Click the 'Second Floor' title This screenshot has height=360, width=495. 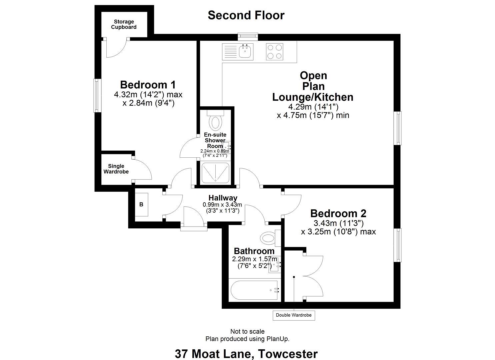tap(246, 15)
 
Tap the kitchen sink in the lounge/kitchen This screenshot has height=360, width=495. tap(246, 52)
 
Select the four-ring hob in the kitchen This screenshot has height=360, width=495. tap(275, 52)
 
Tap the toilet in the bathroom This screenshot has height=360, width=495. tap(269, 238)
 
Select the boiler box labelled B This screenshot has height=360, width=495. tap(141, 204)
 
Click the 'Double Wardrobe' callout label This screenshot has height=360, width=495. tap(294, 315)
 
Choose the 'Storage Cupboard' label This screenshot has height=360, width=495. tap(124, 24)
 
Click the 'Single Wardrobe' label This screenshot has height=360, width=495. tap(116, 169)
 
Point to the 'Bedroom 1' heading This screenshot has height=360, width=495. tap(148, 84)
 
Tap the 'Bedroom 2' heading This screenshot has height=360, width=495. tap(338, 213)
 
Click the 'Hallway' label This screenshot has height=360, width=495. tap(223, 198)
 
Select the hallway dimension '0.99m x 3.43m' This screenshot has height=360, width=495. tap(222, 205)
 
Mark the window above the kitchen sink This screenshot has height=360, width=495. tap(248, 35)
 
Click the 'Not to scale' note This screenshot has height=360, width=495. tap(247, 331)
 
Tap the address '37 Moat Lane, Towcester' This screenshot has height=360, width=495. tap(246, 353)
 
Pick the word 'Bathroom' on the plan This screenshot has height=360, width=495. tap(254, 251)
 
